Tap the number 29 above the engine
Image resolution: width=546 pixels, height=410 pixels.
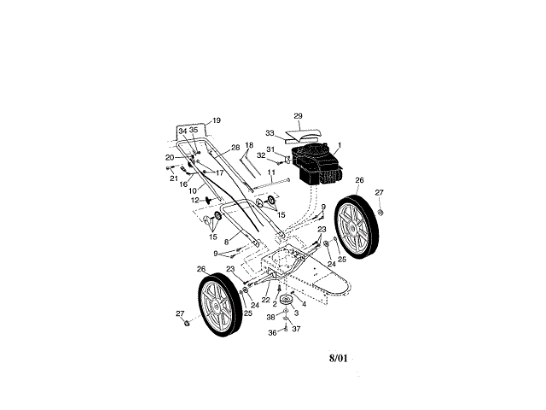pos(298,116)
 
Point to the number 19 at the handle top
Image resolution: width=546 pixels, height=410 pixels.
pos(216,120)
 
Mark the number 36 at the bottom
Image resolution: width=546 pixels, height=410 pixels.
pos(271,332)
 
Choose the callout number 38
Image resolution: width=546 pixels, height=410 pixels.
pos(271,316)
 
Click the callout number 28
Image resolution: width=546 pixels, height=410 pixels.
pos(212,148)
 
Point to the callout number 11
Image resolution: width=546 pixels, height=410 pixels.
pos(270,173)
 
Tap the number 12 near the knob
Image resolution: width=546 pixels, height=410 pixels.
pos(195,200)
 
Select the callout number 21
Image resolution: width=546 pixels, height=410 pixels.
pos(173,179)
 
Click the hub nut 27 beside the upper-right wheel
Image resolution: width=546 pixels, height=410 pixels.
pos(380,211)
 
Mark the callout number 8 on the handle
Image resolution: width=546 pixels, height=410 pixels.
pos(226,242)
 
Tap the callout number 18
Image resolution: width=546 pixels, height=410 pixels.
pos(249,145)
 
